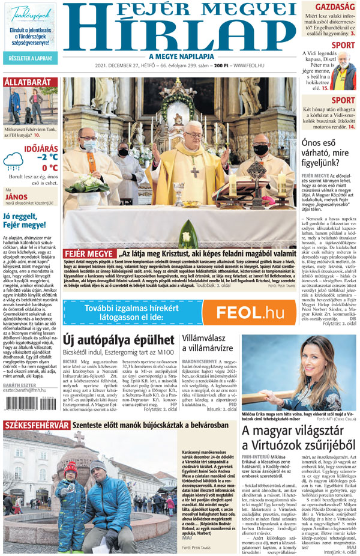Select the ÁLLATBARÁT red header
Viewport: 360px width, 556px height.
pyautogui.click(x=28, y=82)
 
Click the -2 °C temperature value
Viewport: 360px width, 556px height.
pyautogui.click(x=47, y=157)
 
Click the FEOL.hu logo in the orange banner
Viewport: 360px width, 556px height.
pyautogui.click(x=250, y=312)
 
